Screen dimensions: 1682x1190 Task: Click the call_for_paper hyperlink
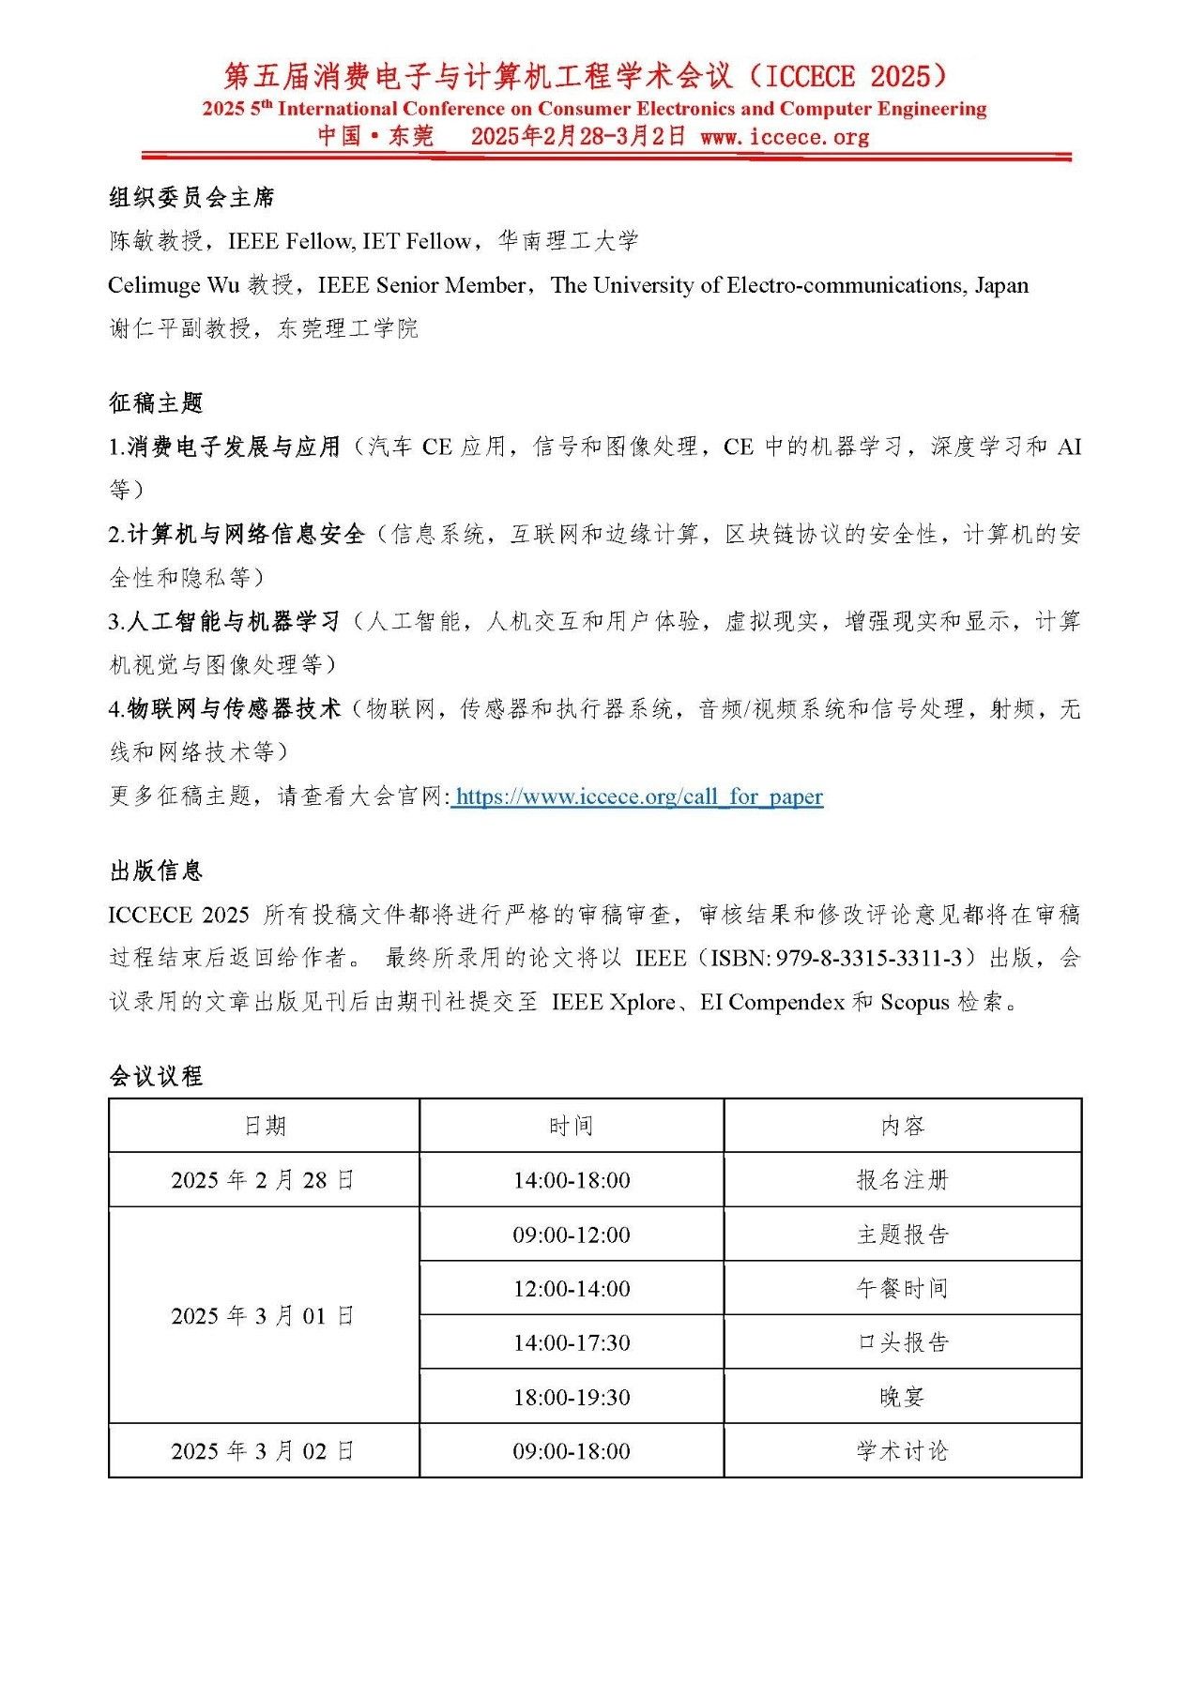click(x=638, y=796)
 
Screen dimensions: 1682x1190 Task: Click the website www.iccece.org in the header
click(x=785, y=137)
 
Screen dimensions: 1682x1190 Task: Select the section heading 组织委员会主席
click(x=191, y=198)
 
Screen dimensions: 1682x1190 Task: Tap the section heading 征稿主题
click(x=156, y=403)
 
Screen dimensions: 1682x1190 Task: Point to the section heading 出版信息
click(x=156, y=871)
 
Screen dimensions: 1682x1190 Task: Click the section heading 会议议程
click(x=156, y=1076)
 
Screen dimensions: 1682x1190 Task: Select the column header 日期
click(x=264, y=1126)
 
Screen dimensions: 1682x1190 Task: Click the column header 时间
click(x=571, y=1126)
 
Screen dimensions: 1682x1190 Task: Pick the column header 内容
click(x=902, y=1126)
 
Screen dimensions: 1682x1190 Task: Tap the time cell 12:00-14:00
click(x=571, y=1289)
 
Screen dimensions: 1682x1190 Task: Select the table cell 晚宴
click(x=902, y=1397)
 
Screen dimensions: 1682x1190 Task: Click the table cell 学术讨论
click(x=902, y=1451)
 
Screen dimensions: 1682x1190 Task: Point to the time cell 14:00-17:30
click(x=571, y=1343)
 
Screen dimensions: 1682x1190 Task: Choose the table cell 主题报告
click(x=902, y=1235)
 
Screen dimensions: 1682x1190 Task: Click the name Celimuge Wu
click(x=174, y=285)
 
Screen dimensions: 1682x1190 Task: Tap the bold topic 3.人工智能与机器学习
click(x=224, y=622)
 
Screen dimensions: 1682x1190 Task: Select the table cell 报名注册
click(x=902, y=1180)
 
